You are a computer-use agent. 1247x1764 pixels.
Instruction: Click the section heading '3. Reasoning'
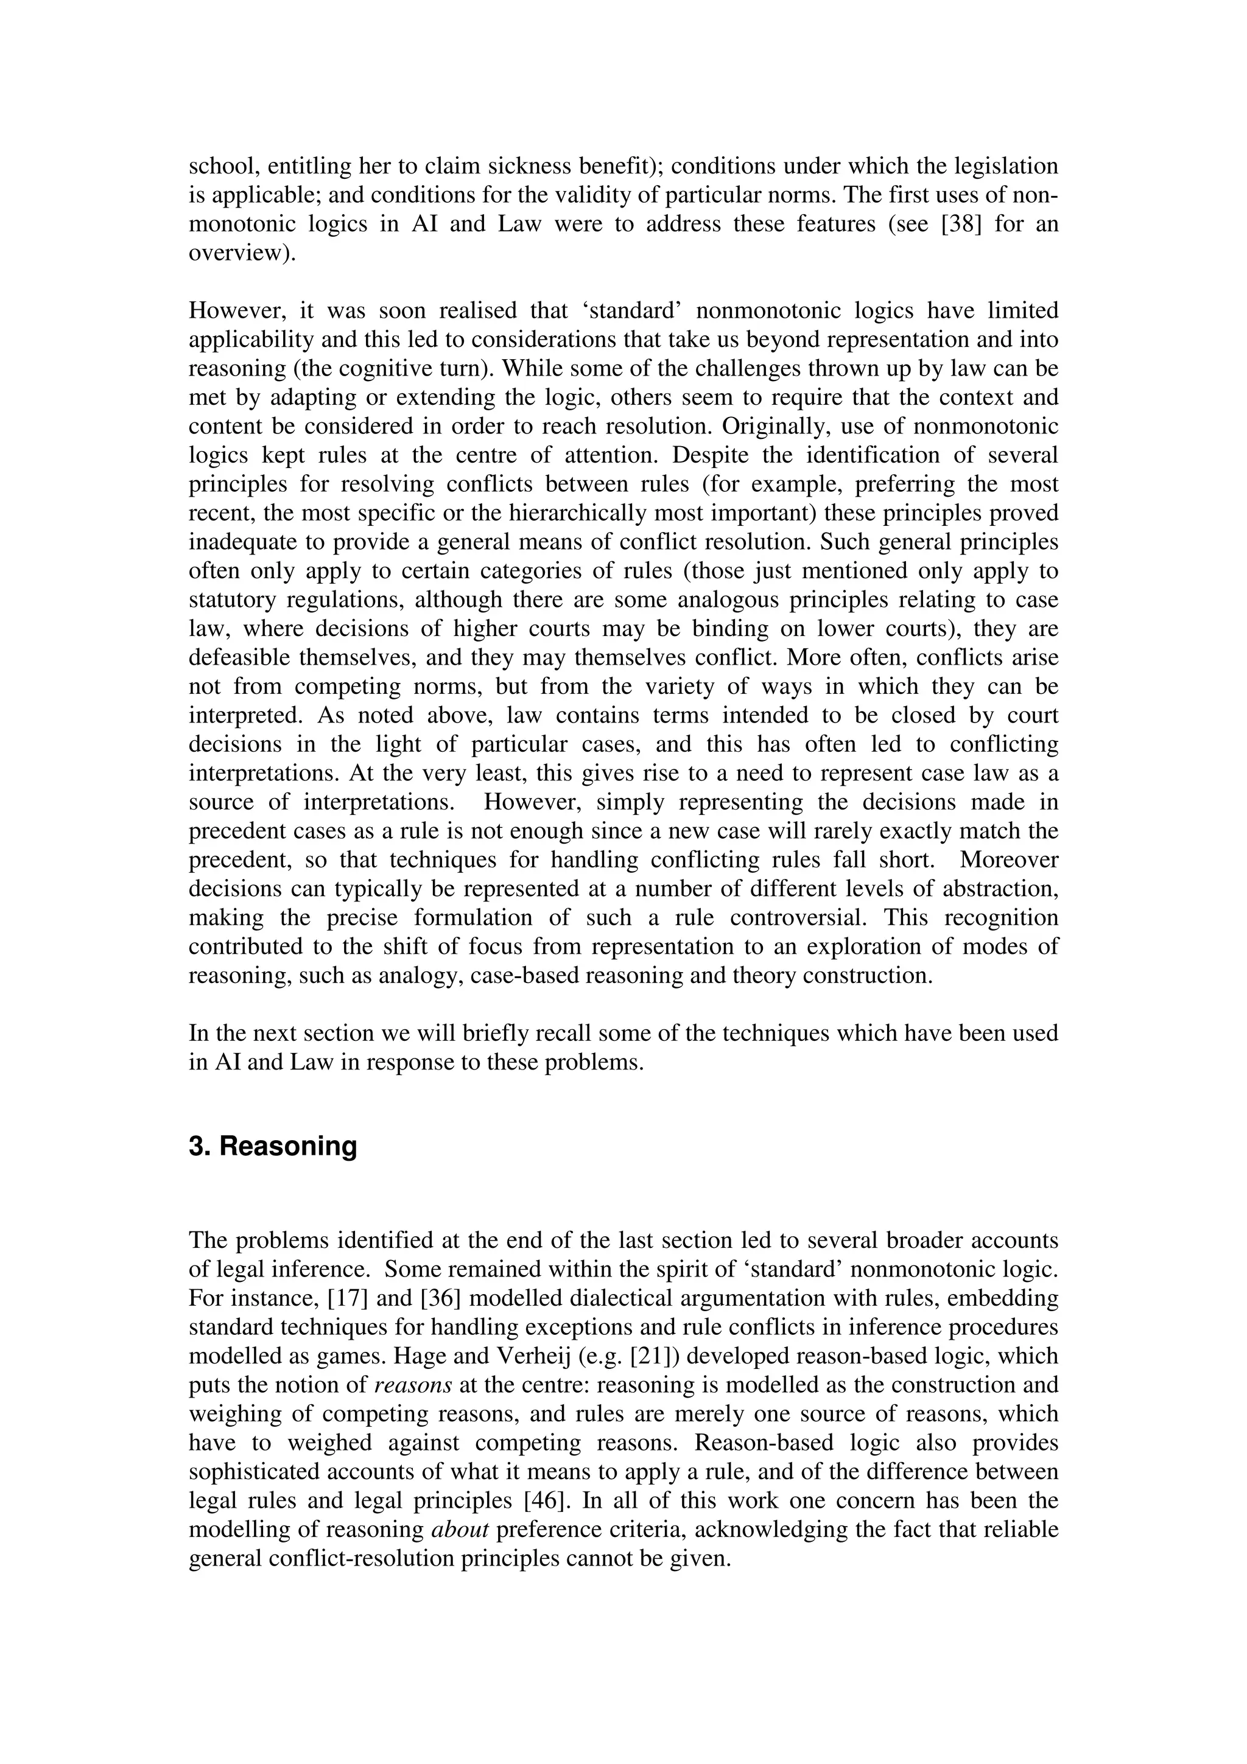tap(273, 1146)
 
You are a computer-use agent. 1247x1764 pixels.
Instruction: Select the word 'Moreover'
tap(1008, 859)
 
